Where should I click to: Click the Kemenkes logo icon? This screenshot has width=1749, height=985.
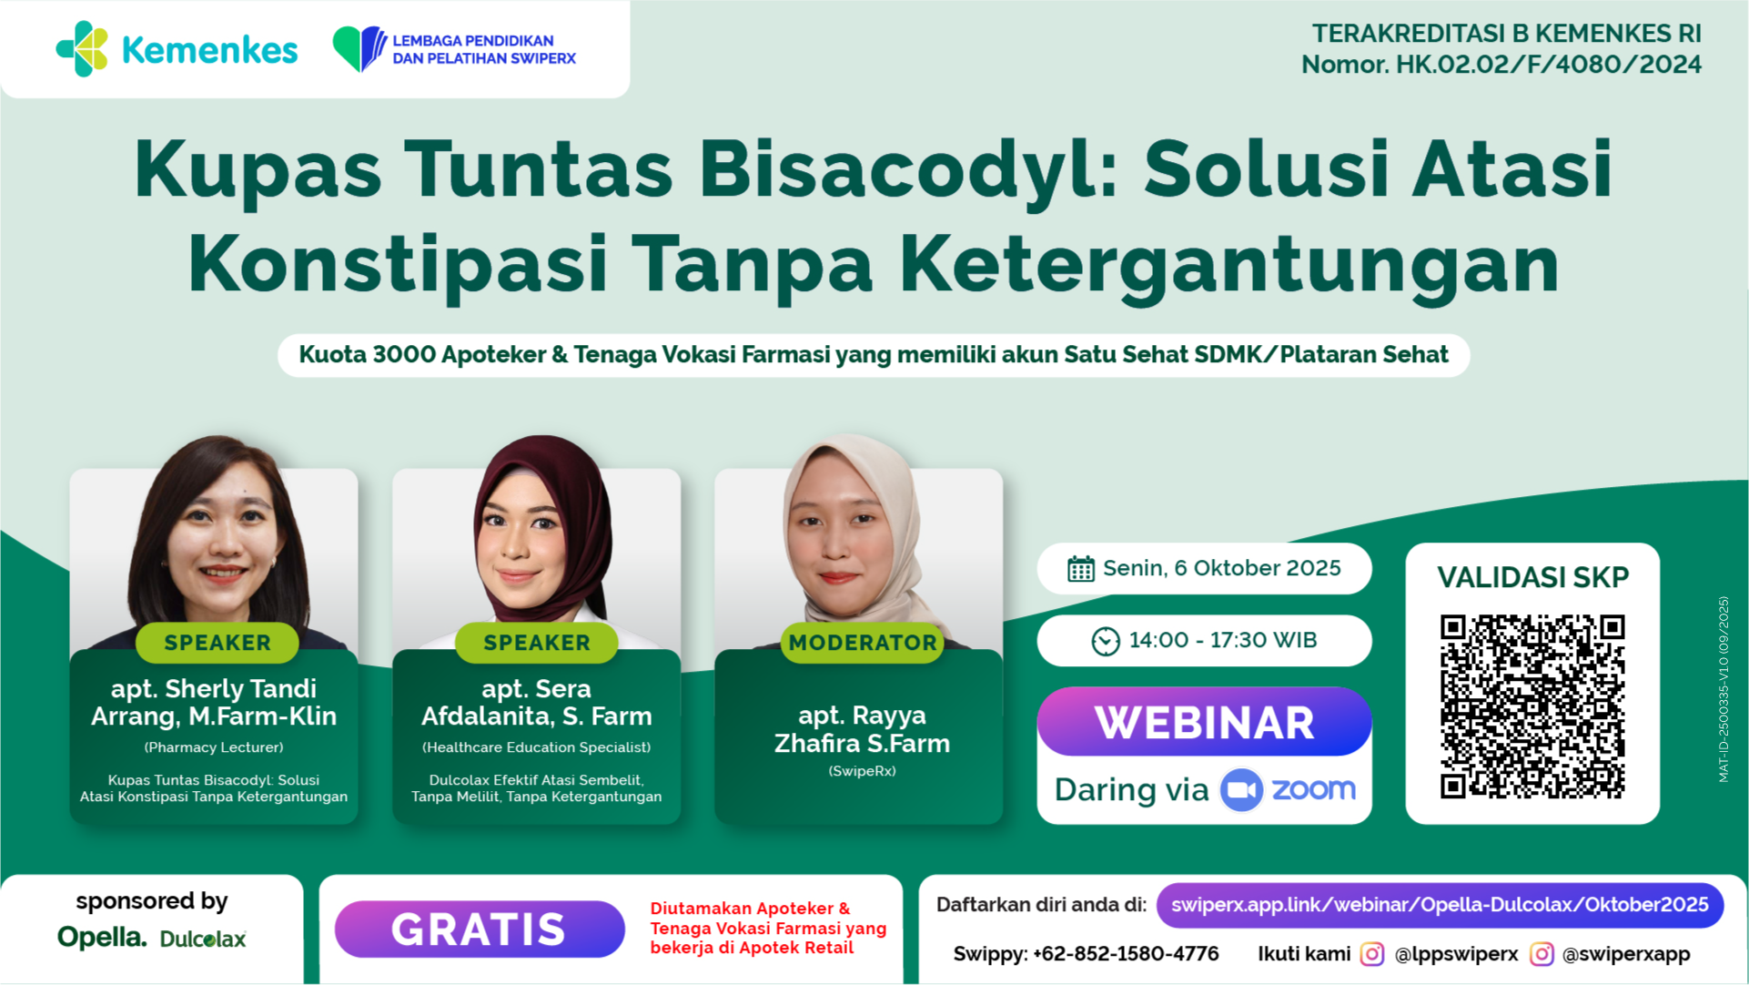click(83, 49)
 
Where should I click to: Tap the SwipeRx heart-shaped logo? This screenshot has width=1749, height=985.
click(359, 48)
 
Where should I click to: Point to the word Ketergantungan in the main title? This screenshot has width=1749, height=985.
click(1229, 265)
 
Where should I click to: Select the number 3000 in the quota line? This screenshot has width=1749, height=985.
click(403, 354)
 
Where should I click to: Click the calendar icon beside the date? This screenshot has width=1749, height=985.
click(1080, 569)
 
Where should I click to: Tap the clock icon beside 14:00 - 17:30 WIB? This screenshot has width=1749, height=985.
click(1106, 641)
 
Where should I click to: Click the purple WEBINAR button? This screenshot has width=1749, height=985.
click(1204, 722)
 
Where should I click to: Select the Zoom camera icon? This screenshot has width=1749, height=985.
click(1241, 789)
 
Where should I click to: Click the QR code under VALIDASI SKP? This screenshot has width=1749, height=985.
click(1532, 706)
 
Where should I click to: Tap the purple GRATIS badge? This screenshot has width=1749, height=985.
click(480, 929)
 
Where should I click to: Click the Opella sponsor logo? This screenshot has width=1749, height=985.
click(102, 937)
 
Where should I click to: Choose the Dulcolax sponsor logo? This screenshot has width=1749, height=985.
click(203, 939)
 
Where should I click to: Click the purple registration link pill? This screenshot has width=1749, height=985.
click(1440, 905)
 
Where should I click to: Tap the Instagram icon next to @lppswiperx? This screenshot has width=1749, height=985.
click(1372, 954)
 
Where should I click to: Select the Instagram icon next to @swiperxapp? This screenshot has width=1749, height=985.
click(1542, 954)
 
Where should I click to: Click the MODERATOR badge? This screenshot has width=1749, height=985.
click(863, 643)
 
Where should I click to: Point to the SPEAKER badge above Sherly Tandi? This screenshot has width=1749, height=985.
click(217, 643)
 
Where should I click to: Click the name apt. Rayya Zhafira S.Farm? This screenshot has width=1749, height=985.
click(862, 729)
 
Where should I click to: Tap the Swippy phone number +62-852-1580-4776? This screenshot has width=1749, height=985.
click(1126, 954)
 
